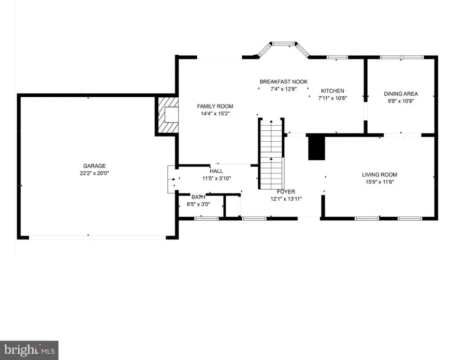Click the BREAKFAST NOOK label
click(x=284, y=82)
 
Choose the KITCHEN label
click(x=332, y=91)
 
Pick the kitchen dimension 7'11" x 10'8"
click(x=332, y=99)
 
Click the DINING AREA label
click(x=401, y=94)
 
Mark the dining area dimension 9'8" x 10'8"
click(x=401, y=101)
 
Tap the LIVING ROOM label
click(x=380, y=175)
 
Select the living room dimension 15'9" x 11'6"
click(x=380, y=183)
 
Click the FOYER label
click(x=286, y=191)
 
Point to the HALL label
click(x=216, y=170)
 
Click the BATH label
click(x=198, y=197)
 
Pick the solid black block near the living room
click(x=315, y=148)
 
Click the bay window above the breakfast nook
click(x=284, y=50)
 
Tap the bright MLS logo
click(x=29, y=350)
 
